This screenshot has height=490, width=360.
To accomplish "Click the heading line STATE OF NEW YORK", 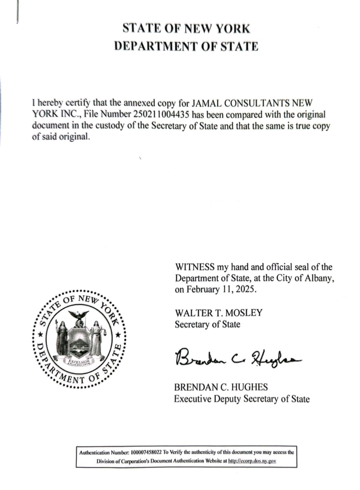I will (186, 29).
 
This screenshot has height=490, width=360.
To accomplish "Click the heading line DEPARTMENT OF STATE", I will (186, 46).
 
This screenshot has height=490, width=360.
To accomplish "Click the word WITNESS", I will (194, 267).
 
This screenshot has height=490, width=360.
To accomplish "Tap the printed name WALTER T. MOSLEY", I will (218, 313).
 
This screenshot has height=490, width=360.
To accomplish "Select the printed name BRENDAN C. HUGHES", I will (221, 387).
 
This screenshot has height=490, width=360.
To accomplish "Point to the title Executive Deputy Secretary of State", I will (242, 399).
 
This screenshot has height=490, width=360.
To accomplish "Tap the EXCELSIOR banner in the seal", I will (79, 362).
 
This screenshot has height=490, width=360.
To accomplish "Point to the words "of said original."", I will (61, 137).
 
